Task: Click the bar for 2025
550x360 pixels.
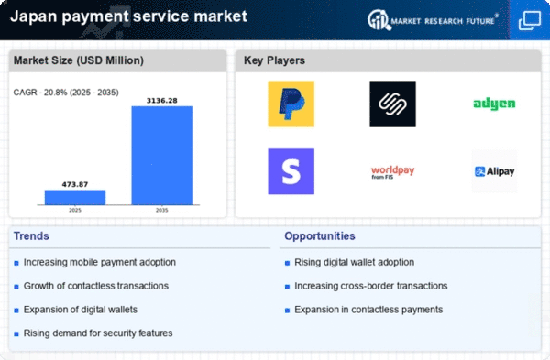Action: click(75, 197)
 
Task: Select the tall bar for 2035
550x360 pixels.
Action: click(162, 156)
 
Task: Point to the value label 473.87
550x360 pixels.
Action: click(75, 184)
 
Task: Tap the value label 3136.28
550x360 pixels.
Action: click(161, 101)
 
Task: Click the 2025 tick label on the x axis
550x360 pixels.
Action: click(75, 211)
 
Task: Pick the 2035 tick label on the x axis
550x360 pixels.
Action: click(161, 211)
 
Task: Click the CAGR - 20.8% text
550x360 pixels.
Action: click(40, 93)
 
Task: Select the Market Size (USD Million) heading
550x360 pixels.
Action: click(79, 60)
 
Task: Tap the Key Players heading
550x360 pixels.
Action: click(274, 60)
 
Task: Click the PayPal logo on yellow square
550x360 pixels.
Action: click(291, 104)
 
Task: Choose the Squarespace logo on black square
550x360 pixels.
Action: click(393, 104)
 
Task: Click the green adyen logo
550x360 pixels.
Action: click(494, 104)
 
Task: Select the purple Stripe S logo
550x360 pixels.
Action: click(291, 171)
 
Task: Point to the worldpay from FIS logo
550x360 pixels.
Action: click(393, 172)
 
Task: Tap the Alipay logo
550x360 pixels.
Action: click(494, 171)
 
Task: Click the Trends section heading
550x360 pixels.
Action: click(31, 236)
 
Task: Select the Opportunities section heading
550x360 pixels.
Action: click(320, 236)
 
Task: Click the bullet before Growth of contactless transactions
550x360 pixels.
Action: click(16, 287)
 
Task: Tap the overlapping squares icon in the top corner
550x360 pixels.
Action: click(530, 21)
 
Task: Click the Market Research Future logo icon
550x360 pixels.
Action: click(379, 20)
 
